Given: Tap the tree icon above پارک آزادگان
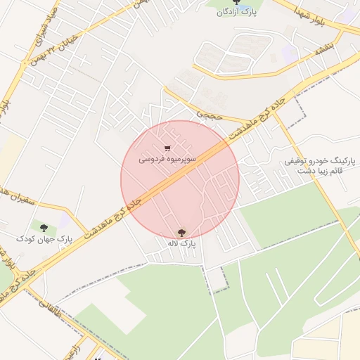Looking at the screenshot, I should [236, 2].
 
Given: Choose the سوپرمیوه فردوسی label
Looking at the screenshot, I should [167, 160].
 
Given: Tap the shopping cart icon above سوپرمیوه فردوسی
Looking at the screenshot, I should [167, 148].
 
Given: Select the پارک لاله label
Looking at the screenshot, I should [181, 243].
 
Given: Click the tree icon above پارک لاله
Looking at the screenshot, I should [181, 232].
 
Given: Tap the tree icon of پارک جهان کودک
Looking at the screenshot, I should [44, 228].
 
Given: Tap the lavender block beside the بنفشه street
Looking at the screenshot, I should [290, 51].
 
